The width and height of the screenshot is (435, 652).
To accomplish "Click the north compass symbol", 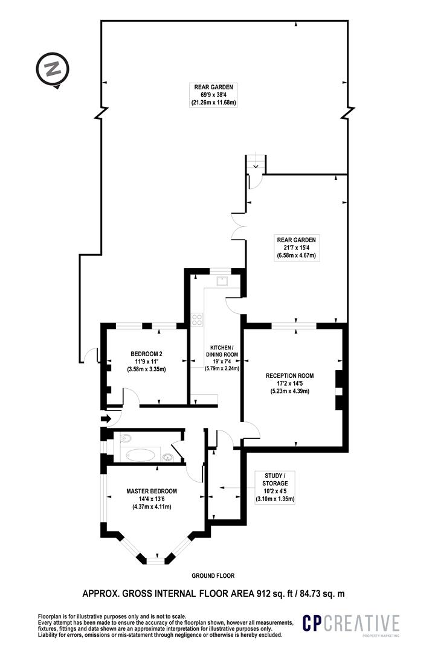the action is [x=52, y=70].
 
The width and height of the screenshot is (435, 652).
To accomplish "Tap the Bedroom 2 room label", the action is [x=147, y=362].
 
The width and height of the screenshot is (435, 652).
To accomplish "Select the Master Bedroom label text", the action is [x=152, y=499].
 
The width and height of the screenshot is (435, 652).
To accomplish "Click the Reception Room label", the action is [x=290, y=383].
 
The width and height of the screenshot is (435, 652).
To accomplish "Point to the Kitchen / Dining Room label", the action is [x=222, y=357].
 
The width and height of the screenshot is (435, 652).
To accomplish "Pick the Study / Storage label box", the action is [x=275, y=487].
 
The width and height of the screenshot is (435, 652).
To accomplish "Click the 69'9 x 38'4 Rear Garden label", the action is [x=213, y=95].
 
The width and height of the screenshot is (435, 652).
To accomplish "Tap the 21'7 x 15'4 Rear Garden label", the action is [x=297, y=248].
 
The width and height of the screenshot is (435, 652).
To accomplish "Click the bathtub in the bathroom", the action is [x=140, y=454].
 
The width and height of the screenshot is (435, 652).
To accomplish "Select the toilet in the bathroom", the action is [x=125, y=438].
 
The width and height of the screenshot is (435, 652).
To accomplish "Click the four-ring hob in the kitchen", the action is [x=196, y=320].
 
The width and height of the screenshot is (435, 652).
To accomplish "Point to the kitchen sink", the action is [x=222, y=281].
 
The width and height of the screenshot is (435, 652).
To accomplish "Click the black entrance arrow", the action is [x=106, y=418].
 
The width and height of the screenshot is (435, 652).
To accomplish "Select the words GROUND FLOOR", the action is [x=213, y=575].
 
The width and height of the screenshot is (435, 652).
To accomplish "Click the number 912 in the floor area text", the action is [x=262, y=593].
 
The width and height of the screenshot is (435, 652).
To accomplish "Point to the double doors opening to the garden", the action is [x=239, y=226].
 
